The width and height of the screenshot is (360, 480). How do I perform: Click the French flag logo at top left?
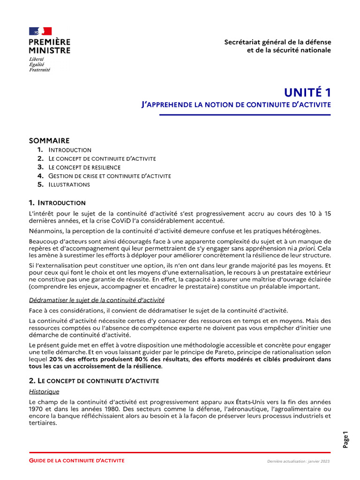pyautogui.click(x=40, y=31)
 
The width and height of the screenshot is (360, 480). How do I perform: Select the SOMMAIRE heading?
pyautogui.click(x=49, y=141)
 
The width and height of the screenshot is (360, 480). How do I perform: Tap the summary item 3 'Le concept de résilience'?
pyautogui.click(x=84, y=167)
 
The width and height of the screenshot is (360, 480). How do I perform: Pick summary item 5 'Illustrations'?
pyautogui.click(x=69, y=185)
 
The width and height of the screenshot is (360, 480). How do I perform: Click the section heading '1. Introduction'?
pyautogui.click(x=57, y=203)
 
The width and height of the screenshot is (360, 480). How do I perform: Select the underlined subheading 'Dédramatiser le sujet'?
pyautogui.click(x=97, y=300)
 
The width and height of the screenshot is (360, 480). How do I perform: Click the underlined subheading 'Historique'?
pyautogui.click(x=44, y=391)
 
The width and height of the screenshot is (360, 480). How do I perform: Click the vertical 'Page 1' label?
pyautogui.click(x=346, y=440)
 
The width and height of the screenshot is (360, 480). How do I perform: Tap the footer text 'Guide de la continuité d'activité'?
pyautogui.click(x=77, y=461)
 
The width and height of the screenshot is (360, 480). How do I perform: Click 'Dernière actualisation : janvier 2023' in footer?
pyautogui.click(x=299, y=462)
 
